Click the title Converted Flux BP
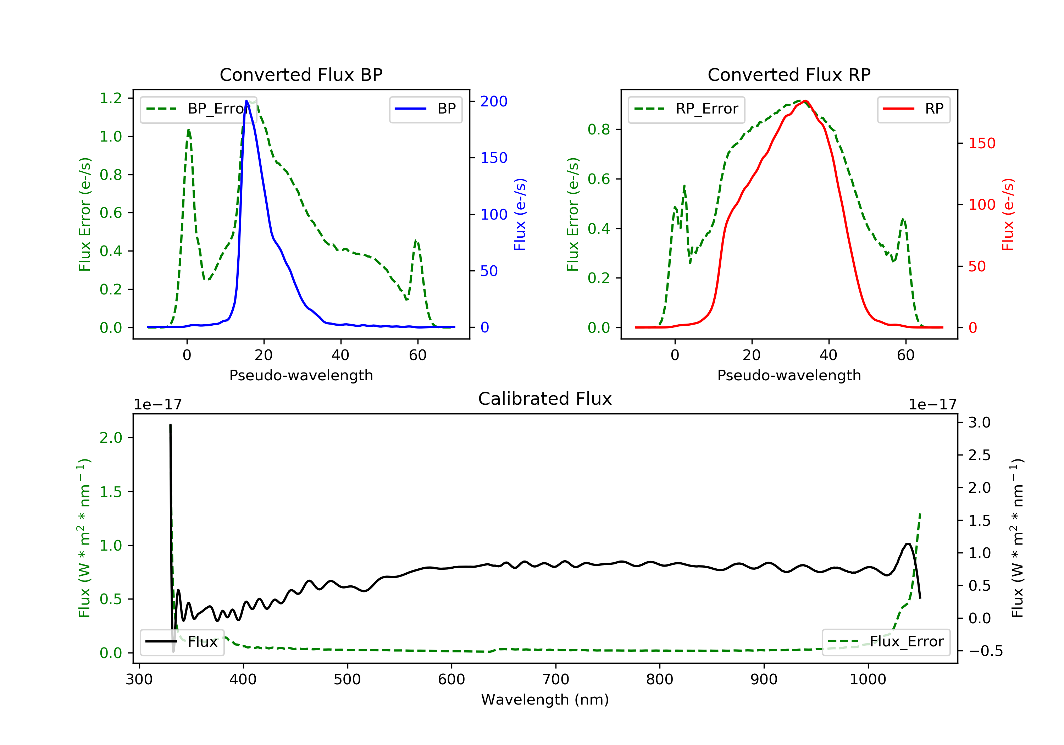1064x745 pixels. point(301,74)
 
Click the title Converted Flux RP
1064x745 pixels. point(789,74)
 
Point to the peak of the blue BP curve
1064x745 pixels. point(246,101)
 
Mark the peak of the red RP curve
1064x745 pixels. point(805,101)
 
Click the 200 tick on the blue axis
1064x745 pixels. point(494,101)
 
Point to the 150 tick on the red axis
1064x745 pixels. point(981,143)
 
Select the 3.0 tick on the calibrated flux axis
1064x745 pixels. point(979,422)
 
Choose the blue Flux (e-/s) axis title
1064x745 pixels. point(520,214)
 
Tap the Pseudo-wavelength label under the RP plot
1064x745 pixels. point(789,375)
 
